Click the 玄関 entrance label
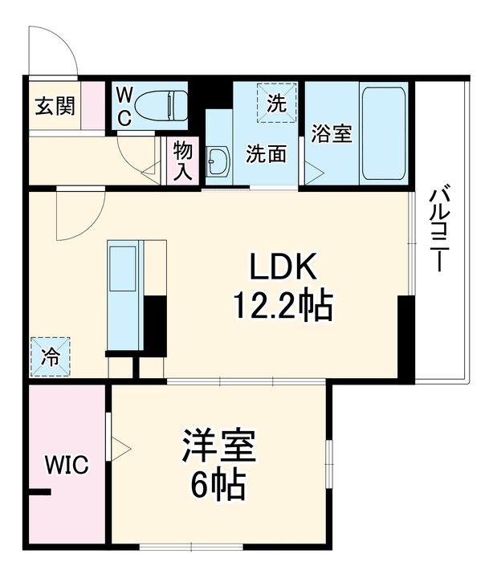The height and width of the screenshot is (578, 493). pyautogui.click(x=55, y=106)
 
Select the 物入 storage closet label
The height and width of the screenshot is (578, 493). pyautogui.click(x=183, y=161)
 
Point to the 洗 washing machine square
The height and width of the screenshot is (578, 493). pyautogui.click(x=277, y=103)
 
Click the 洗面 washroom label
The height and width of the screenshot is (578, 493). pyautogui.click(x=267, y=153)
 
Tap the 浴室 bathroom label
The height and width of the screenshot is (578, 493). pyautogui.click(x=332, y=133)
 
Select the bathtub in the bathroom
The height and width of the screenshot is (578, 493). pyautogui.click(x=384, y=133)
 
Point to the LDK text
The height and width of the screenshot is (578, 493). pyautogui.click(x=283, y=266)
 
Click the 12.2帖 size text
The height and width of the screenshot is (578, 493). pyautogui.click(x=283, y=306)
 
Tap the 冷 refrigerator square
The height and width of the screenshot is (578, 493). pyautogui.click(x=50, y=356)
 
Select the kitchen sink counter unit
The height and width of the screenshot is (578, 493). pyautogui.click(x=125, y=295)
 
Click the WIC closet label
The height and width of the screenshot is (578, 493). pyautogui.click(x=67, y=465)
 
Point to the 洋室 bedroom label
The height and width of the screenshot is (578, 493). pyautogui.click(x=218, y=445)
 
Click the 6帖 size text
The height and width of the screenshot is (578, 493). pyautogui.click(x=218, y=483)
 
